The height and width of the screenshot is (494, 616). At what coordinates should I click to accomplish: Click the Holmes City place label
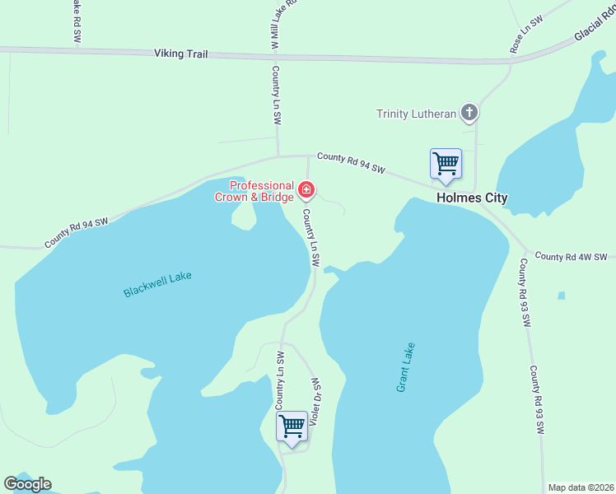point(472,198)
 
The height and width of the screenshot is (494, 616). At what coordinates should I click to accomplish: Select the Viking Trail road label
point(180,54)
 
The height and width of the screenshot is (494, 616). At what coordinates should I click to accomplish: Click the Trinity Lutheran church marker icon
point(469,113)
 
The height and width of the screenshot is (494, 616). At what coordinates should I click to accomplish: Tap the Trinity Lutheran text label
point(416,114)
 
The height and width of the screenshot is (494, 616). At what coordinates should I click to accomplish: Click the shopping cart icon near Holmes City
point(446,164)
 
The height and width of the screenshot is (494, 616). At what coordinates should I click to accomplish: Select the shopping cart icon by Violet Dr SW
point(292,426)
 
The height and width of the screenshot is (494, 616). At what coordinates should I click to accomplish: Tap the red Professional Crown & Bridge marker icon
point(306,191)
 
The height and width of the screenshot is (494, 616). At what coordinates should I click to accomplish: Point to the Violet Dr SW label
point(314,403)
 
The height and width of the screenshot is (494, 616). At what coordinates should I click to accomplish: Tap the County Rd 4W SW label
point(571,257)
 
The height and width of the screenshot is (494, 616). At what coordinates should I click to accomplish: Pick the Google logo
point(27,484)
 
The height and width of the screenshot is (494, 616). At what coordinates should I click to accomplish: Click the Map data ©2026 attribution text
point(581,487)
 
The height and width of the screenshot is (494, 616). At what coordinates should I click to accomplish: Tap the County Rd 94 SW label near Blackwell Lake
point(77,233)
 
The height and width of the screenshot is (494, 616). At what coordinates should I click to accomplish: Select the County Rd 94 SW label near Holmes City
point(351,162)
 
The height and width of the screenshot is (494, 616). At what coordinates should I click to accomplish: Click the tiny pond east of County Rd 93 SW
point(561,295)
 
